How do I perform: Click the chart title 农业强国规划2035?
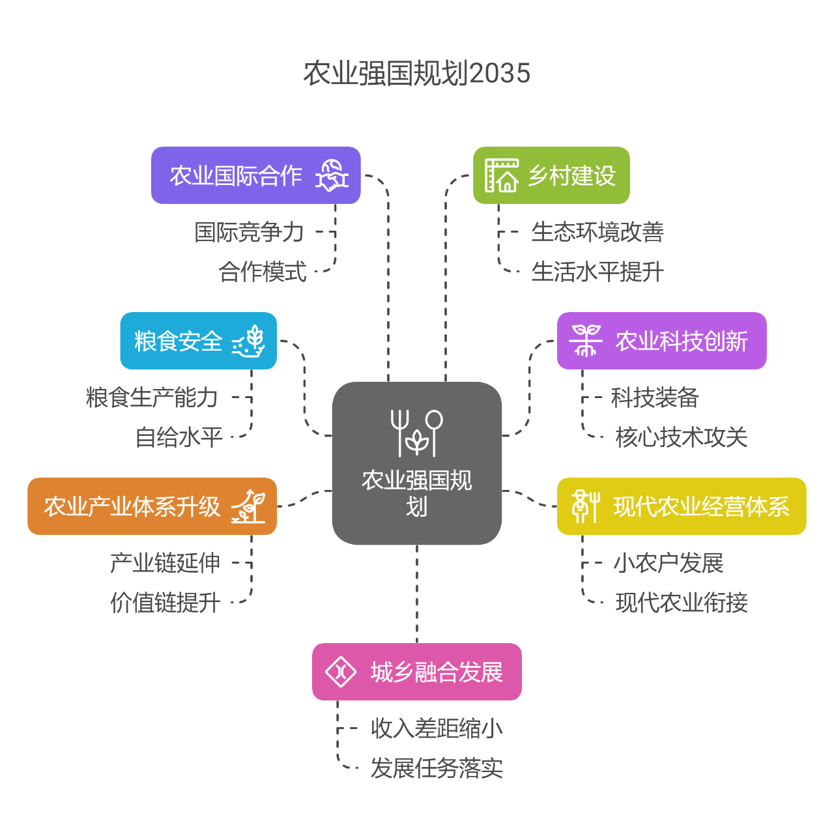click(417, 73)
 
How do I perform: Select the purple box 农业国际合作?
click(255, 175)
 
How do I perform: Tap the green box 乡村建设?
click(551, 175)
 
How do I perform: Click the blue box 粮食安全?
click(198, 341)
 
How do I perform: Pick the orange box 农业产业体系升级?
click(152, 506)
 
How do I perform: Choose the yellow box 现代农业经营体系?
click(682, 506)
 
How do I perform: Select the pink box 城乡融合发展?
click(417, 672)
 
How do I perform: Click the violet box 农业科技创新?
click(661, 341)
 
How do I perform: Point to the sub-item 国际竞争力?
click(249, 232)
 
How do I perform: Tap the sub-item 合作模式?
click(262, 272)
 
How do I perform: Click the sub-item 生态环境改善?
click(597, 232)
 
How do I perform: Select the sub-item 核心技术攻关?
click(682, 437)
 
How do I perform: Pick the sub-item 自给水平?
click(179, 437)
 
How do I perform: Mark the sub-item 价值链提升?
click(165, 603)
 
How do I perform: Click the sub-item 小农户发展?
click(669, 563)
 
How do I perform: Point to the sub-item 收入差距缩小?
click(437, 728)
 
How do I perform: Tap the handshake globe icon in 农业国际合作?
click(332, 175)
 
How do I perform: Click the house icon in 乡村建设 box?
click(502, 175)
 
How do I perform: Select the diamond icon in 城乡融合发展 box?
click(341, 672)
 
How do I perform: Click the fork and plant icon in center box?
click(417, 433)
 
